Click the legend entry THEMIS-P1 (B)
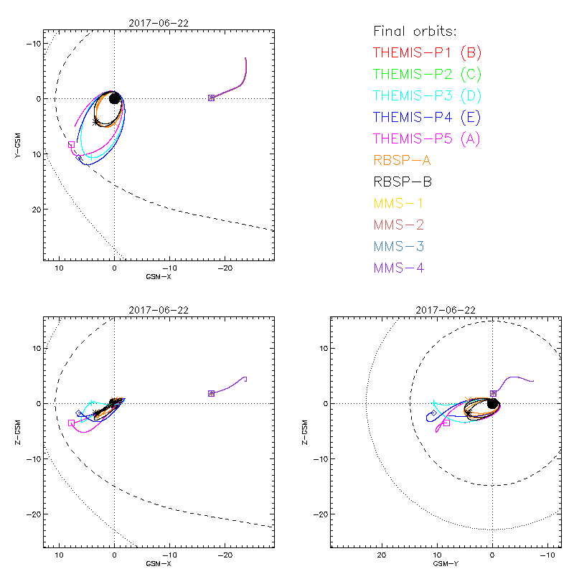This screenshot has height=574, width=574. (x=427, y=52)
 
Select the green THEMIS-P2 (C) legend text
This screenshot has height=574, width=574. (x=427, y=74)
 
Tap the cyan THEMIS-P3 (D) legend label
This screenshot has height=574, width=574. (x=427, y=95)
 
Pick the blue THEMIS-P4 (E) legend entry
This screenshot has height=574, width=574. (x=427, y=117)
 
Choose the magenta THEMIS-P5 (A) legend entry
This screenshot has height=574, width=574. (x=427, y=138)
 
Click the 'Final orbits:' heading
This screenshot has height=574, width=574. (x=415, y=31)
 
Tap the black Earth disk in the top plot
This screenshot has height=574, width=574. (x=114, y=98)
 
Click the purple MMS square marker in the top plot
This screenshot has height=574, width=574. (x=211, y=98)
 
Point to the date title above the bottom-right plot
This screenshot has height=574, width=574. (x=446, y=310)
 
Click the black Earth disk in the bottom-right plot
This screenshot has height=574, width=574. (x=492, y=403)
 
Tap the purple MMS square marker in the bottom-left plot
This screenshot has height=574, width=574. (x=211, y=393)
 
